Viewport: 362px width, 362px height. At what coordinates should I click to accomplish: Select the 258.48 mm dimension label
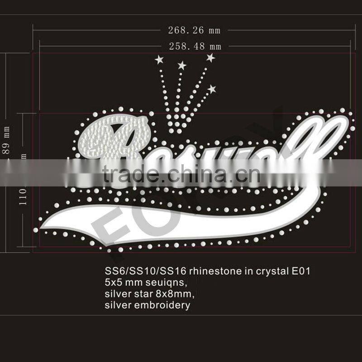[195, 46]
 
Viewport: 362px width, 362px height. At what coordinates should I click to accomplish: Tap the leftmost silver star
[159, 59]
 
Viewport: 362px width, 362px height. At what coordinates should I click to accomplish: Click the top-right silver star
[210, 57]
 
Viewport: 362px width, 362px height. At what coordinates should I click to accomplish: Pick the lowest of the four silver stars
[211, 89]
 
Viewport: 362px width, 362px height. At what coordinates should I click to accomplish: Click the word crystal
[268, 271]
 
